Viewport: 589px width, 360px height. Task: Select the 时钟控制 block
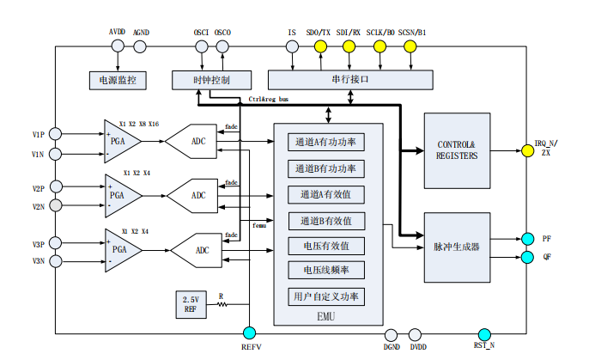pyautogui.click(x=211, y=80)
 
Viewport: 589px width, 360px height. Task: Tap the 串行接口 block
pyautogui.click(x=349, y=80)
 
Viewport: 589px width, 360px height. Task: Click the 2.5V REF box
pyautogui.click(x=191, y=305)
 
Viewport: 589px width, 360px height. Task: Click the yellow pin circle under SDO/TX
pyautogui.click(x=320, y=46)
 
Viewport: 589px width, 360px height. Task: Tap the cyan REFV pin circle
pyautogui.click(x=249, y=333)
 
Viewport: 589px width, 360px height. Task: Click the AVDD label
pyautogui.click(x=117, y=32)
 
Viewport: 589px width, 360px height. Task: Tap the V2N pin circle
pyautogui.click(x=54, y=205)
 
